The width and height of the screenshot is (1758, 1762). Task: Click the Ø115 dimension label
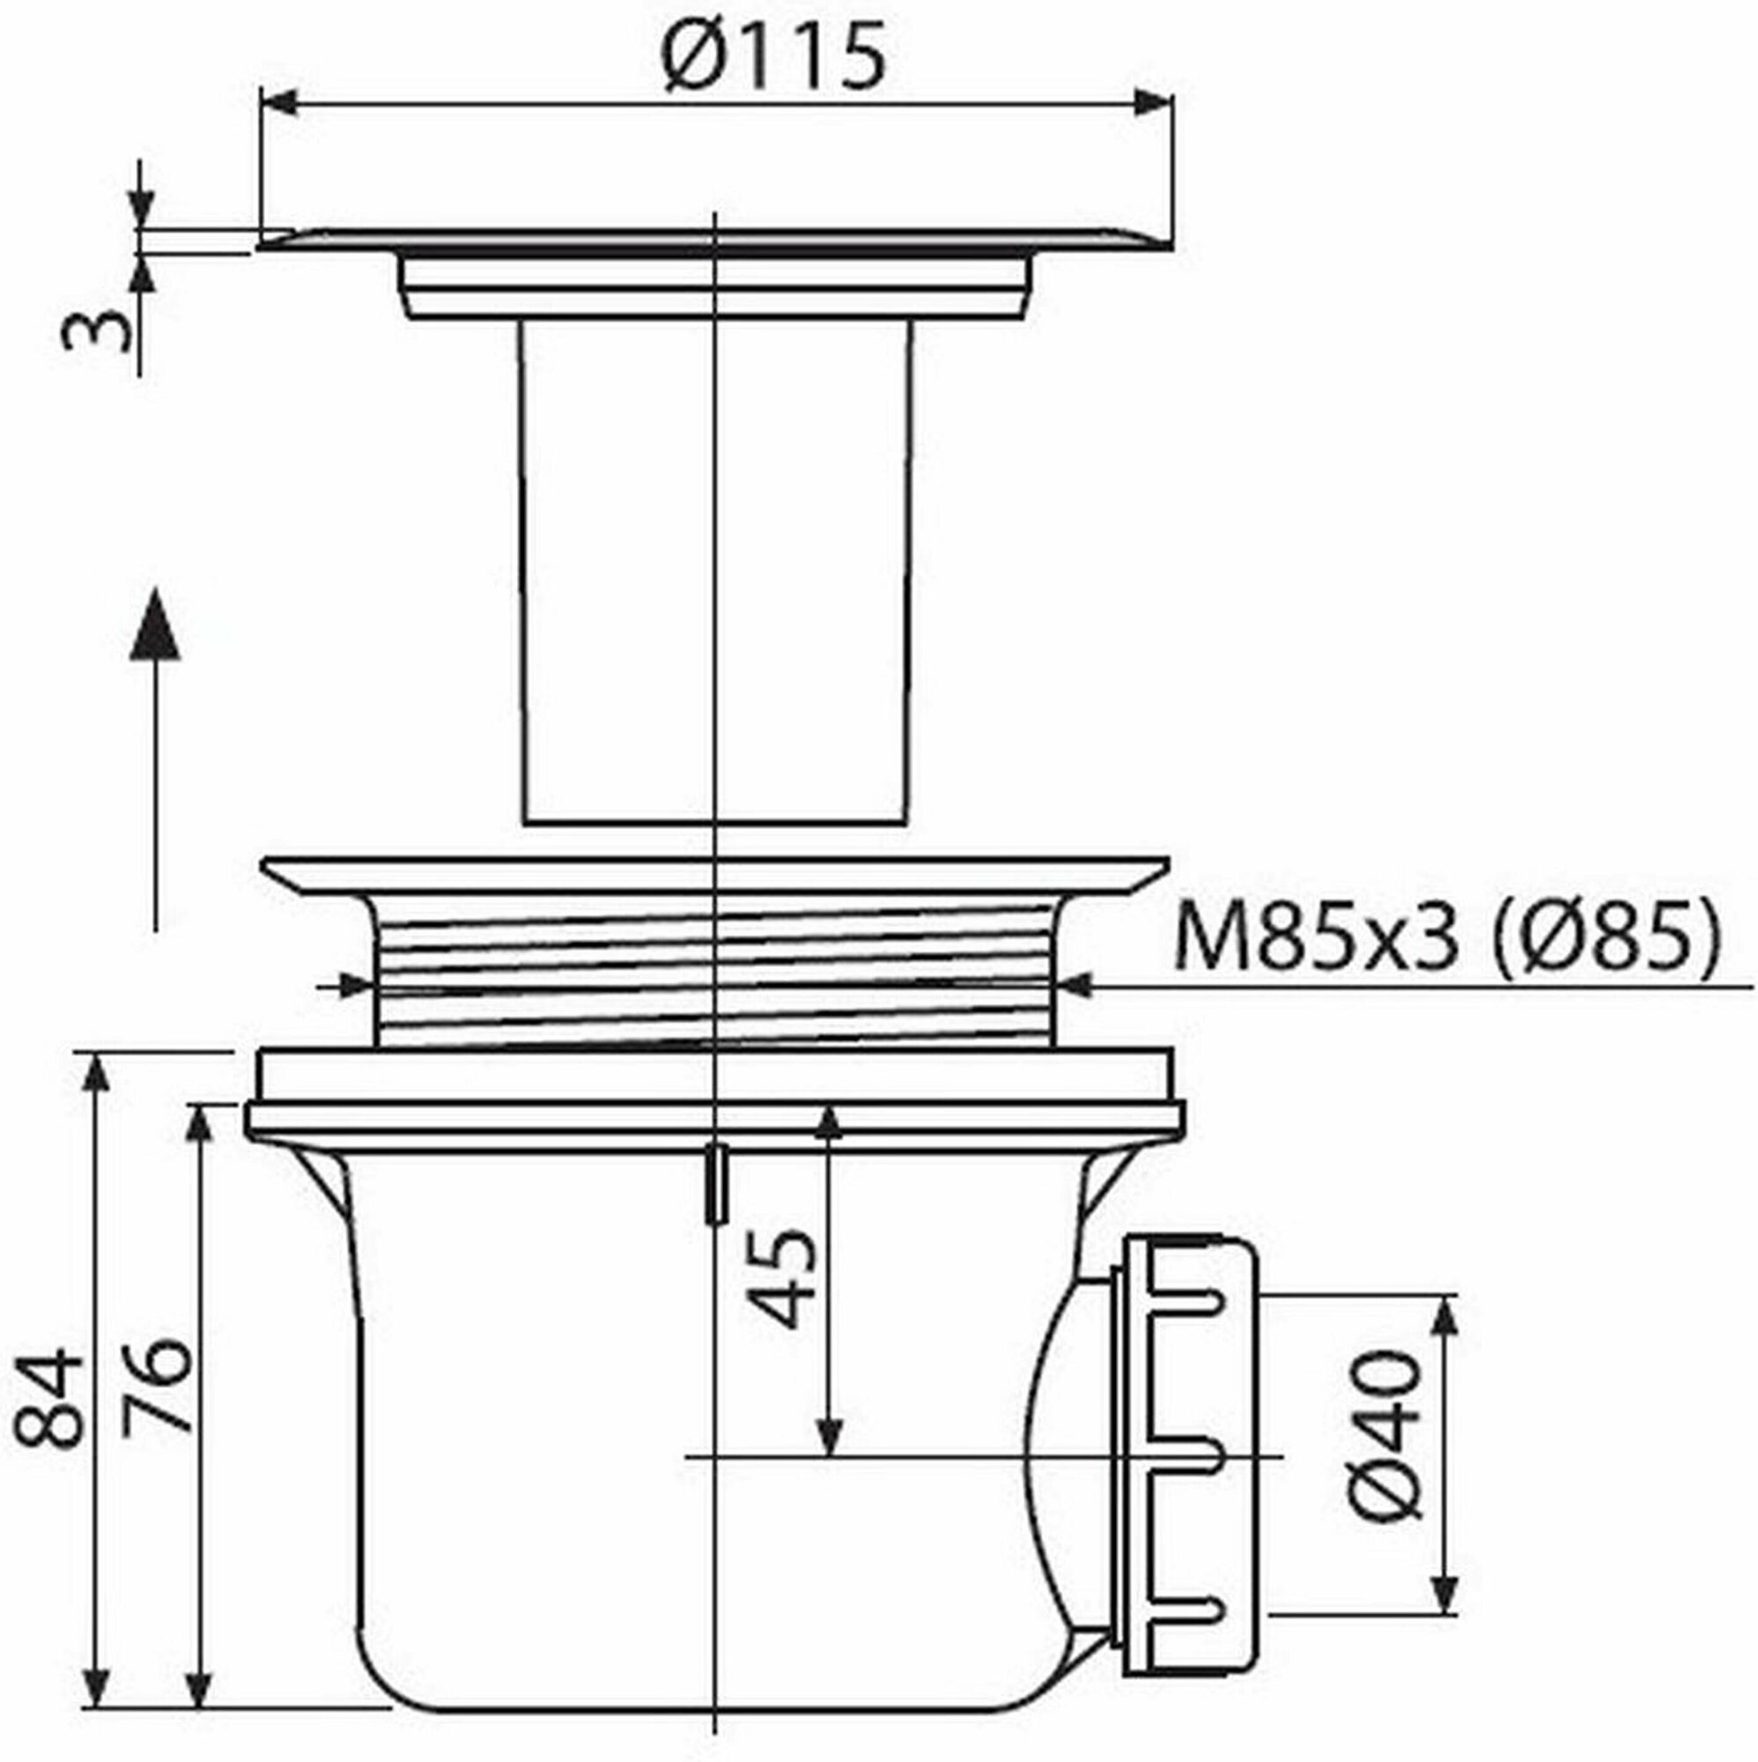tap(774, 56)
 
